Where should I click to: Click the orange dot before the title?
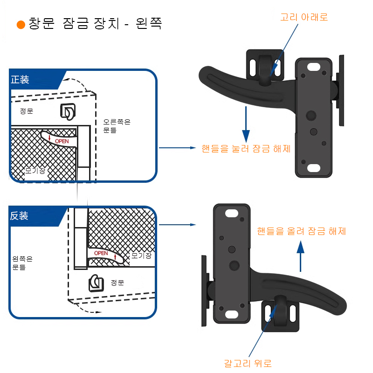[x=21, y=25]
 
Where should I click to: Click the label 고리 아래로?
[x=304, y=17]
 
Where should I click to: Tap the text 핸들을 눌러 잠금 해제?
[x=246, y=149]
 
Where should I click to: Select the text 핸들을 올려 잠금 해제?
[x=301, y=231]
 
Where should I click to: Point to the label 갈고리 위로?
[x=248, y=363]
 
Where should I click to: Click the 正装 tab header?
[x=20, y=80]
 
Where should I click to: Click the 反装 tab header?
[x=20, y=216]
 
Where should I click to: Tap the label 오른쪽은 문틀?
[x=117, y=126]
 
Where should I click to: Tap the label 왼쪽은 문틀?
[x=22, y=263]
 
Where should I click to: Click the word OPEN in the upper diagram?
[x=62, y=141]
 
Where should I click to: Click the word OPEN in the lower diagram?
[x=101, y=253]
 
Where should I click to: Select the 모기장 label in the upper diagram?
[x=35, y=171]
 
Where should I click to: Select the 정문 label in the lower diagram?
[x=117, y=283]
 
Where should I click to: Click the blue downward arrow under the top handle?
[x=246, y=123]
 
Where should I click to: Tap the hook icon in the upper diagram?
[x=68, y=111]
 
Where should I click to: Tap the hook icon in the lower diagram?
[x=96, y=283]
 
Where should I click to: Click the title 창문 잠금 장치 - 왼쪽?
[x=95, y=24]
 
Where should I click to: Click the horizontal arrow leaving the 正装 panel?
[x=177, y=148]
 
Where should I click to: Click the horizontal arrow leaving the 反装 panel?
[x=177, y=225]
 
